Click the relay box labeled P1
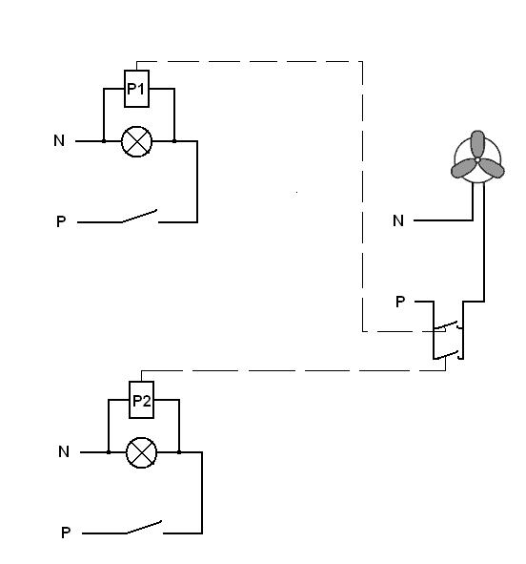click(136, 89)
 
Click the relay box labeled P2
click(141, 400)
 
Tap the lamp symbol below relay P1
click(137, 141)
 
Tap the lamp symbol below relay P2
click(142, 452)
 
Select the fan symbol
click(477, 157)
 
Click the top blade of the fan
click(477, 144)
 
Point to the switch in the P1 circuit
click(140, 217)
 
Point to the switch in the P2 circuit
click(144, 528)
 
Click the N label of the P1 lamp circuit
click(59, 140)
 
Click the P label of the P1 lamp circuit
click(61, 221)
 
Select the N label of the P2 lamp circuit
click(64, 451)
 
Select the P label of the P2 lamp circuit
click(66, 533)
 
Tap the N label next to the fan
click(398, 220)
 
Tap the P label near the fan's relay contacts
click(400, 302)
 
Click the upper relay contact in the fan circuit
click(448, 325)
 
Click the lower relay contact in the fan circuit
click(448, 355)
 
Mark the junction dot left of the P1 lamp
click(104, 141)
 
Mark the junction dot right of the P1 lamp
click(174, 141)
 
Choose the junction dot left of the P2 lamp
click(109, 452)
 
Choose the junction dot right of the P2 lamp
click(179, 452)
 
